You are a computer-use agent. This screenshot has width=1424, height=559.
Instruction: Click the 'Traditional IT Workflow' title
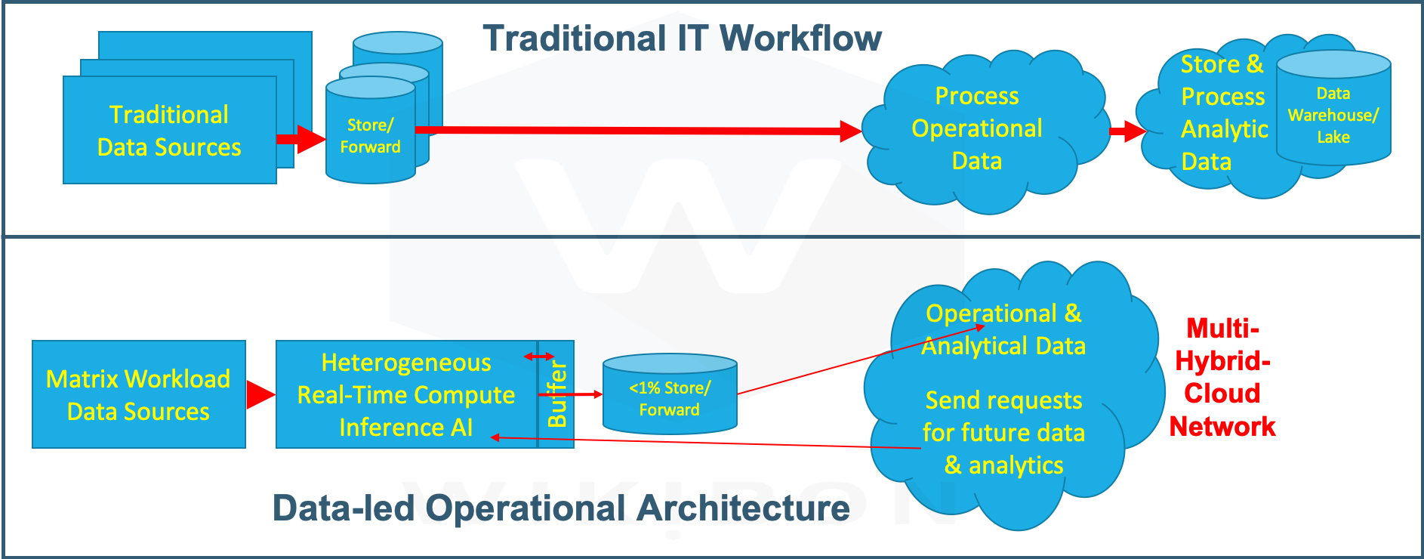point(682,38)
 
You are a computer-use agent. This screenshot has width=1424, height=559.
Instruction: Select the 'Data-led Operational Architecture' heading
point(560,508)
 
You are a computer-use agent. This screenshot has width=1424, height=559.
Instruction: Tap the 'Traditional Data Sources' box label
point(169,131)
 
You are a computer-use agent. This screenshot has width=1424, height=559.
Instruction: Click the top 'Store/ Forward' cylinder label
point(370,136)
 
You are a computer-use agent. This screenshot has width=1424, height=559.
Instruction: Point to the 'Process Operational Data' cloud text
point(976,128)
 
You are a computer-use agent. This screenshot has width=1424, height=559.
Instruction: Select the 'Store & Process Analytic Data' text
point(1222,113)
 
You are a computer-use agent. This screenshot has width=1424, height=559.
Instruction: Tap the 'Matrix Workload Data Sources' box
point(138,395)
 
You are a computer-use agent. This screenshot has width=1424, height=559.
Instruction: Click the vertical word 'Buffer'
point(556,394)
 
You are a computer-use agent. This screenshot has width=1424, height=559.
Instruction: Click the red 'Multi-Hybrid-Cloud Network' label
point(1222,377)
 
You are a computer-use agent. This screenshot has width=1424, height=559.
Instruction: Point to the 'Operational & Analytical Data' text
point(1003,329)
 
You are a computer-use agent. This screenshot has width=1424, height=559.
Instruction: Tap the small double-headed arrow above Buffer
point(539,357)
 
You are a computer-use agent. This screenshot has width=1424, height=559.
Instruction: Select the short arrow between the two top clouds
point(1127,131)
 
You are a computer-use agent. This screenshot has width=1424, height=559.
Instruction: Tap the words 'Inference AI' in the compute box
point(405,428)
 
